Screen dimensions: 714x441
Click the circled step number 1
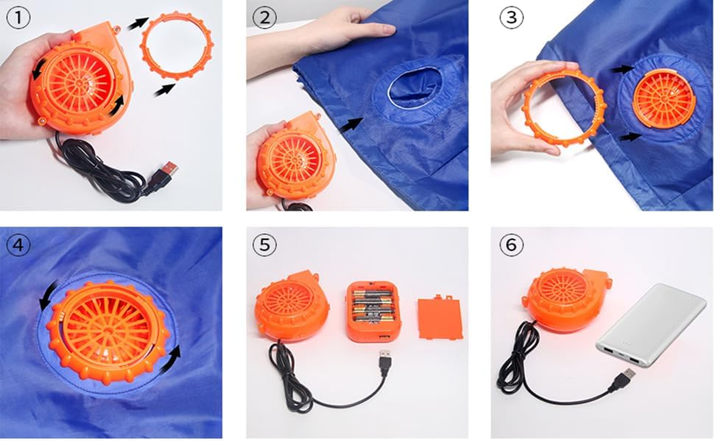click(x=19, y=17)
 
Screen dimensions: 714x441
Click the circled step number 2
click(x=265, y=17)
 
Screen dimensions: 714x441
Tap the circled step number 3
click(x=511, y=17)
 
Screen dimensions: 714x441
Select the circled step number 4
click(x=19, y=245)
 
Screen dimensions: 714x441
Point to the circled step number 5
click(x=265, y=245)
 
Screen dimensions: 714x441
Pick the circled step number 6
click(x=511, y=245)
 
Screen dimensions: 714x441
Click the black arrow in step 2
click(x=352, y=125)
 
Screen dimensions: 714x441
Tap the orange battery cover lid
click(x=440, y=318)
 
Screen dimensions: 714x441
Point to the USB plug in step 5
click(x=385, y=361)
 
